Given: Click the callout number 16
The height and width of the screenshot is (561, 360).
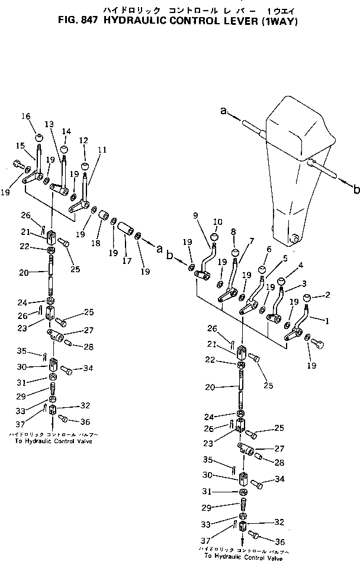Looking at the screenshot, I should coord(25,116).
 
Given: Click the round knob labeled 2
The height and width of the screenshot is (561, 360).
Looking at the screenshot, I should coord(308,298).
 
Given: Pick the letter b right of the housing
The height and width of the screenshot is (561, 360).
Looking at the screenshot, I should coord(356,189).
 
